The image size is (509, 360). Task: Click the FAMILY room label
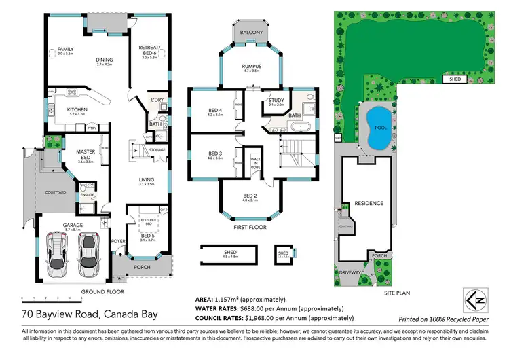[x=65, y=50]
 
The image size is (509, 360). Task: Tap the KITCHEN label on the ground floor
[x=77, y=110]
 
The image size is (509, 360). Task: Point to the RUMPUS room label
[x=251, y=66]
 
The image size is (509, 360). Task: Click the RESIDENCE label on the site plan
[x=369, y=203]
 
